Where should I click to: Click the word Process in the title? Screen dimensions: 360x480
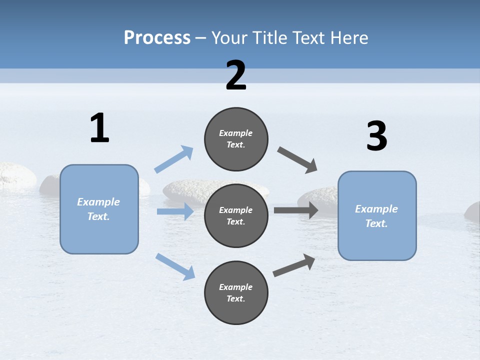point(157,37)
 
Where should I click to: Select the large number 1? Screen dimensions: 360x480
point(99,128)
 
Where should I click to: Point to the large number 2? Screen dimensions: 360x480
point(236,75)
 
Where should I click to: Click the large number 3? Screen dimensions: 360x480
point(376,136)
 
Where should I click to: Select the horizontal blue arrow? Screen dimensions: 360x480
point(175,211)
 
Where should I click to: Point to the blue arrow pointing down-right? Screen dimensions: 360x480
point(175,266)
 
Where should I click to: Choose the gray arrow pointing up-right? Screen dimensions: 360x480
point(294,265)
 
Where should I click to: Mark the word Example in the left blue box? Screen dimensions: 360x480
point(98,202)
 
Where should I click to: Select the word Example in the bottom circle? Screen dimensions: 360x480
point(236,287)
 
